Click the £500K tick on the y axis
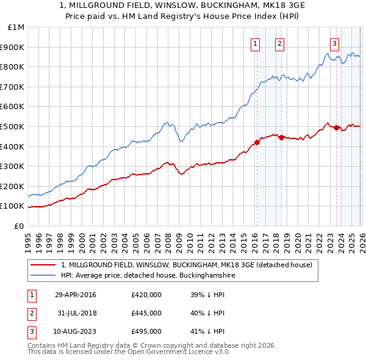[x=13, y=126]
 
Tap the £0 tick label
[x=20, y=226]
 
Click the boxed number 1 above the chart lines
[x=254, y=43]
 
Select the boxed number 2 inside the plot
[x=279, y=43]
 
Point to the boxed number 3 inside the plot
[x=335, y=43]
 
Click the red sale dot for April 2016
[x=257, y=142]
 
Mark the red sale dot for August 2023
[x=336, y=128]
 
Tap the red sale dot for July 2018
[x=281, y=137]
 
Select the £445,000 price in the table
[x=146, y=313]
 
